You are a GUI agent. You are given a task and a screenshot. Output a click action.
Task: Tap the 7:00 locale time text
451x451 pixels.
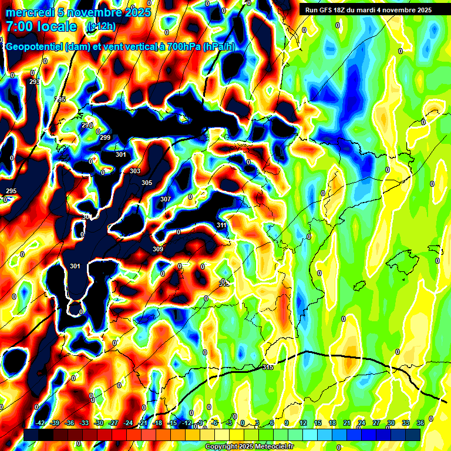click(41, 26)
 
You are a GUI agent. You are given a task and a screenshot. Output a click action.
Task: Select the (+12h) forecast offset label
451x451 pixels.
click(101, 26)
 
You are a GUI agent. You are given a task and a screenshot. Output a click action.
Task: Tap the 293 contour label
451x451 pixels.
click(35, 82)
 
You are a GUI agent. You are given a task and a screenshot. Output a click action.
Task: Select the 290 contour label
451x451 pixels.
click(87, 126)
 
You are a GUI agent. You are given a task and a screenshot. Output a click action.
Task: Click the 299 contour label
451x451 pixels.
click(105, 137)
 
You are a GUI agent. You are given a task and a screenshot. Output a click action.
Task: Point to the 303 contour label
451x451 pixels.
click(135, 171)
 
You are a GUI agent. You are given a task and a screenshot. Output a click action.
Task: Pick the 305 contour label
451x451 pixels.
click(147, 183)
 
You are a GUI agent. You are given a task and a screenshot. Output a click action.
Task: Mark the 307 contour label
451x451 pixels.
click(166, 199)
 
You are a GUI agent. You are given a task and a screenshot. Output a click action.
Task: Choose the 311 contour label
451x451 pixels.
click(221, 225)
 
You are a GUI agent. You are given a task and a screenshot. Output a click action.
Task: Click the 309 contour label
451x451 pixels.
click(158, 249)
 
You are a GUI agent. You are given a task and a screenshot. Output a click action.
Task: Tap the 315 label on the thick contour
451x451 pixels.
click(267, 367)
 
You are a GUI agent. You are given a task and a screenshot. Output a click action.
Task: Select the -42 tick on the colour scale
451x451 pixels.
click(41, 423)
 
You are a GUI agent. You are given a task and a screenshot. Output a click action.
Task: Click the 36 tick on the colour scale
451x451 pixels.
click(420, 423)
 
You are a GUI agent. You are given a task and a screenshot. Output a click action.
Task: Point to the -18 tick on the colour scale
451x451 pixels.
click(157, 423)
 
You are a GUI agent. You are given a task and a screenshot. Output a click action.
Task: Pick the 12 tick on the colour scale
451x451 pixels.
click(303, 423)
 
